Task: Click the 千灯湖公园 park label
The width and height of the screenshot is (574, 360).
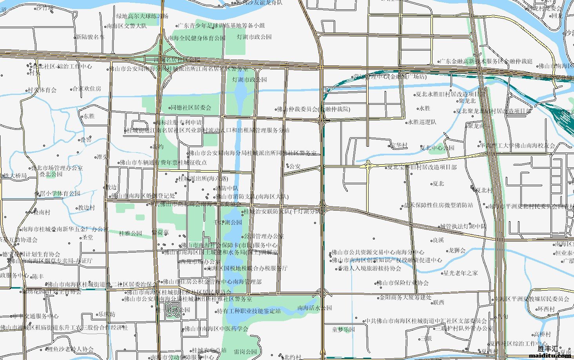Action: [x=227, y=222]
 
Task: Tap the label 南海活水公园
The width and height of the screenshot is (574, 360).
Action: [x=315, y=308]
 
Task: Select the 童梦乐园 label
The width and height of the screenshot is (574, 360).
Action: [x=343, y=329]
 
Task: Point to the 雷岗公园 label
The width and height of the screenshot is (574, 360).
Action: [x=245, y=352]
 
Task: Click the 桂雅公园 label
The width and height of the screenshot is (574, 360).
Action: [x=131, y=233]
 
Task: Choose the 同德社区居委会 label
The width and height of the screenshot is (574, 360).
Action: [x=191, y=107]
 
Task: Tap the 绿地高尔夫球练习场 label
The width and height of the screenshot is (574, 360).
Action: [x=142, y=16]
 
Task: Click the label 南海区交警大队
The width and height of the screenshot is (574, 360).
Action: [x=127, y=26]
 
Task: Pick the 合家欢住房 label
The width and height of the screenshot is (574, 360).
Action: [x=87, y=89]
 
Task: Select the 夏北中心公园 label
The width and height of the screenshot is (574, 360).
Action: [x=437, y=148]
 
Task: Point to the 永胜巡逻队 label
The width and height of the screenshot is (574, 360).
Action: [x=422, y=122]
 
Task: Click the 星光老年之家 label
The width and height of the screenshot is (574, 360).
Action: [x=461, y=273]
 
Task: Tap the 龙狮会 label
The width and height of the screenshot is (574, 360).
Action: [x=457, y=250]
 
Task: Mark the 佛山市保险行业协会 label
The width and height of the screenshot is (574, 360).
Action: [x=403, y=283]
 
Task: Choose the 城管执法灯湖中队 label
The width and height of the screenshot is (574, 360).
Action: [x=463, y=226]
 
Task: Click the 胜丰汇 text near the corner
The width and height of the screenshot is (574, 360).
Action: [x=548, y=348]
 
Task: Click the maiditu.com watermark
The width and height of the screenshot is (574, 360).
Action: [x=550, y=355]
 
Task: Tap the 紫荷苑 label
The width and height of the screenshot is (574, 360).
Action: [x=160, y=233]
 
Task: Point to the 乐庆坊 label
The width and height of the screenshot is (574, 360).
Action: [x=107, y=314]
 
